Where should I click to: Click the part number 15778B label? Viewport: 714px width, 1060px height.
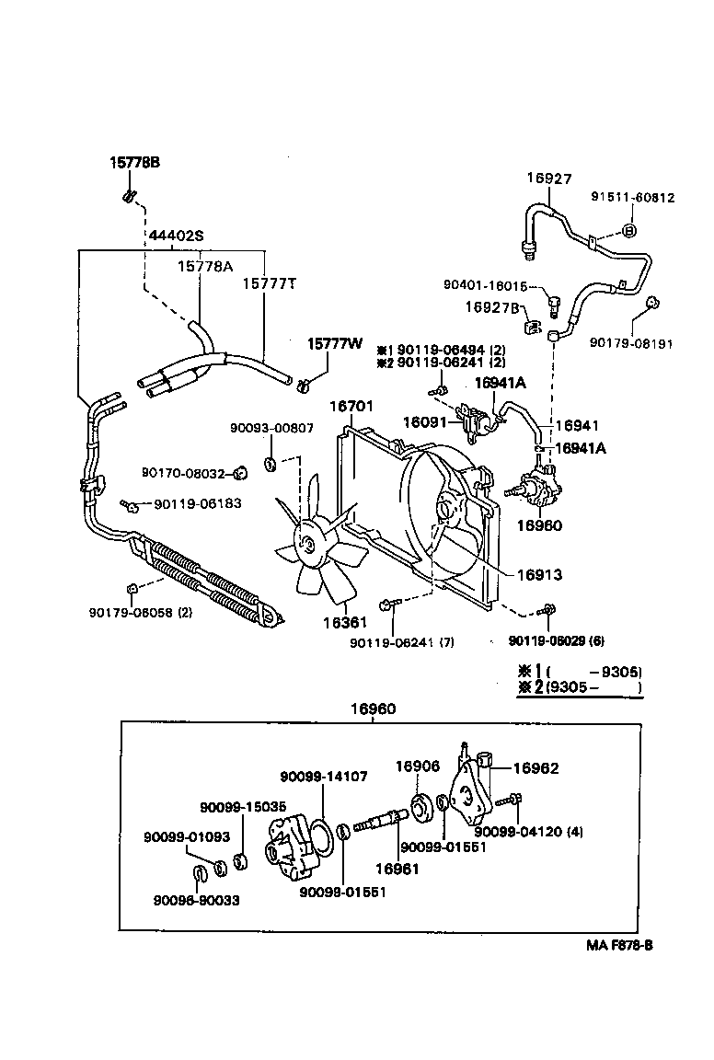pyautogui.click(x=135, y=162)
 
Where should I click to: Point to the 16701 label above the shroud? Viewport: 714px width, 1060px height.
pyautogui.click(x=351, y=406)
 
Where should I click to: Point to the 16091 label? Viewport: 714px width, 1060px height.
pyautogui.click(x=424, y=422)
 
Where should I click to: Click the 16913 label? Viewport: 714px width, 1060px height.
pyautogui.click(x=538, y=574)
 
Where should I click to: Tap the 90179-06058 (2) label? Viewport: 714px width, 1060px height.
pyautogui.click(x=141, y=612)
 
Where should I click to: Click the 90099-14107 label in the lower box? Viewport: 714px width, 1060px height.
pyautogui.click(x=324, y=777)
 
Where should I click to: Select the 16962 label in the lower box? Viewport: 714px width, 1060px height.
pyautogui.click(x=535, y=767)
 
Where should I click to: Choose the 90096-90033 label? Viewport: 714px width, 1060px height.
pyautogui.click(x=196, y=900)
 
